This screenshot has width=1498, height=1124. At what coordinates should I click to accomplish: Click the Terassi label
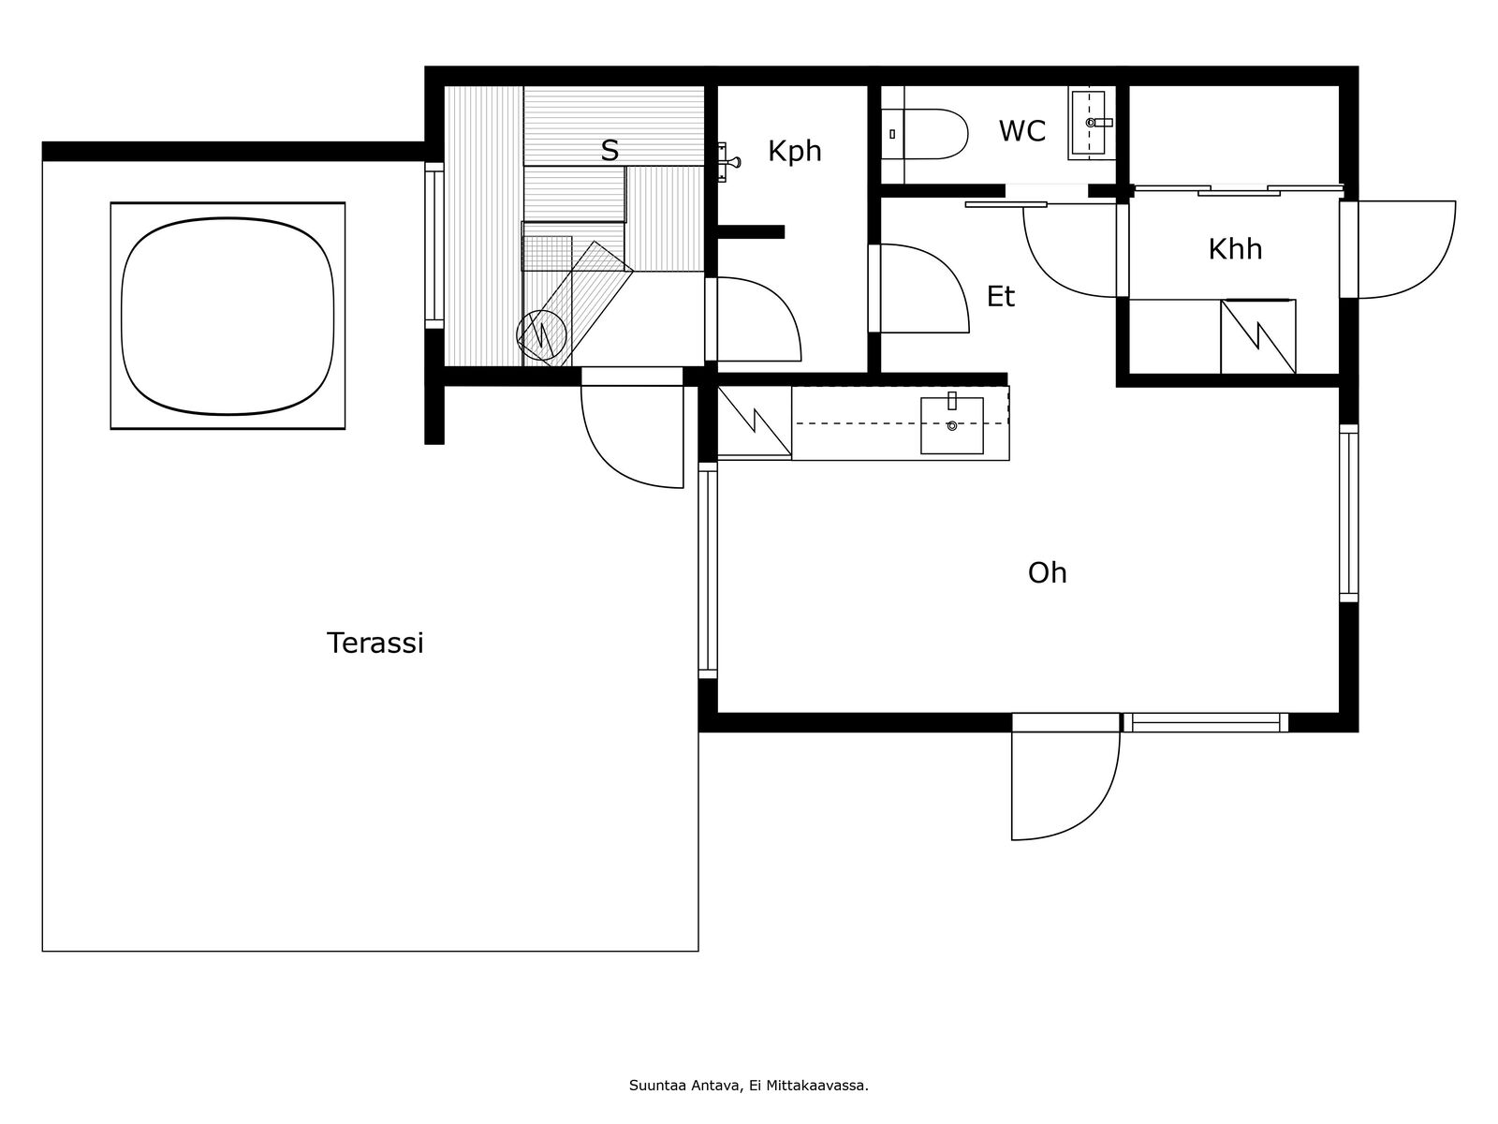(x=374, y=643)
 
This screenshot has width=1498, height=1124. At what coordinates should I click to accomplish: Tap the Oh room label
(x=1047, y=572)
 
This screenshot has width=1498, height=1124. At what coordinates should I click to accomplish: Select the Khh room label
(x=1235, y=249)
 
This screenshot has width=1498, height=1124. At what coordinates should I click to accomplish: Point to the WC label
(x=1021, y=131)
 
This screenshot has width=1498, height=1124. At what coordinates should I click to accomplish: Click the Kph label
(x=794, y=152)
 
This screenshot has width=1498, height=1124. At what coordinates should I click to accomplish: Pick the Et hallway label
(x=1001, y=297)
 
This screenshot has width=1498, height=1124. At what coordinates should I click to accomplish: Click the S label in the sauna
(x=609, y=151)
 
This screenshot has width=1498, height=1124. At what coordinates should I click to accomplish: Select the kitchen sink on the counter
(x=952, y=425)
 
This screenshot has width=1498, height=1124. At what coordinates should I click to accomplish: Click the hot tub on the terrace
(x=228, y=316)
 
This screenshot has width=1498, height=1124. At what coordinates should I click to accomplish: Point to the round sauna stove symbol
(x=542, y=335)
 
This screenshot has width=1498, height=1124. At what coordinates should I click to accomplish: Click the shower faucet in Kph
(x=727, y=162)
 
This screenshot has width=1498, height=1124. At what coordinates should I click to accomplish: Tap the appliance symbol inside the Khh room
(x=1257, y=336)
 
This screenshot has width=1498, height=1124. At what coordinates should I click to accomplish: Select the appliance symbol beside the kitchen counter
(x=754, y=422)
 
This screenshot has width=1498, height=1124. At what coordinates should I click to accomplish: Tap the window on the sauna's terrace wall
(x=434, y=245)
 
